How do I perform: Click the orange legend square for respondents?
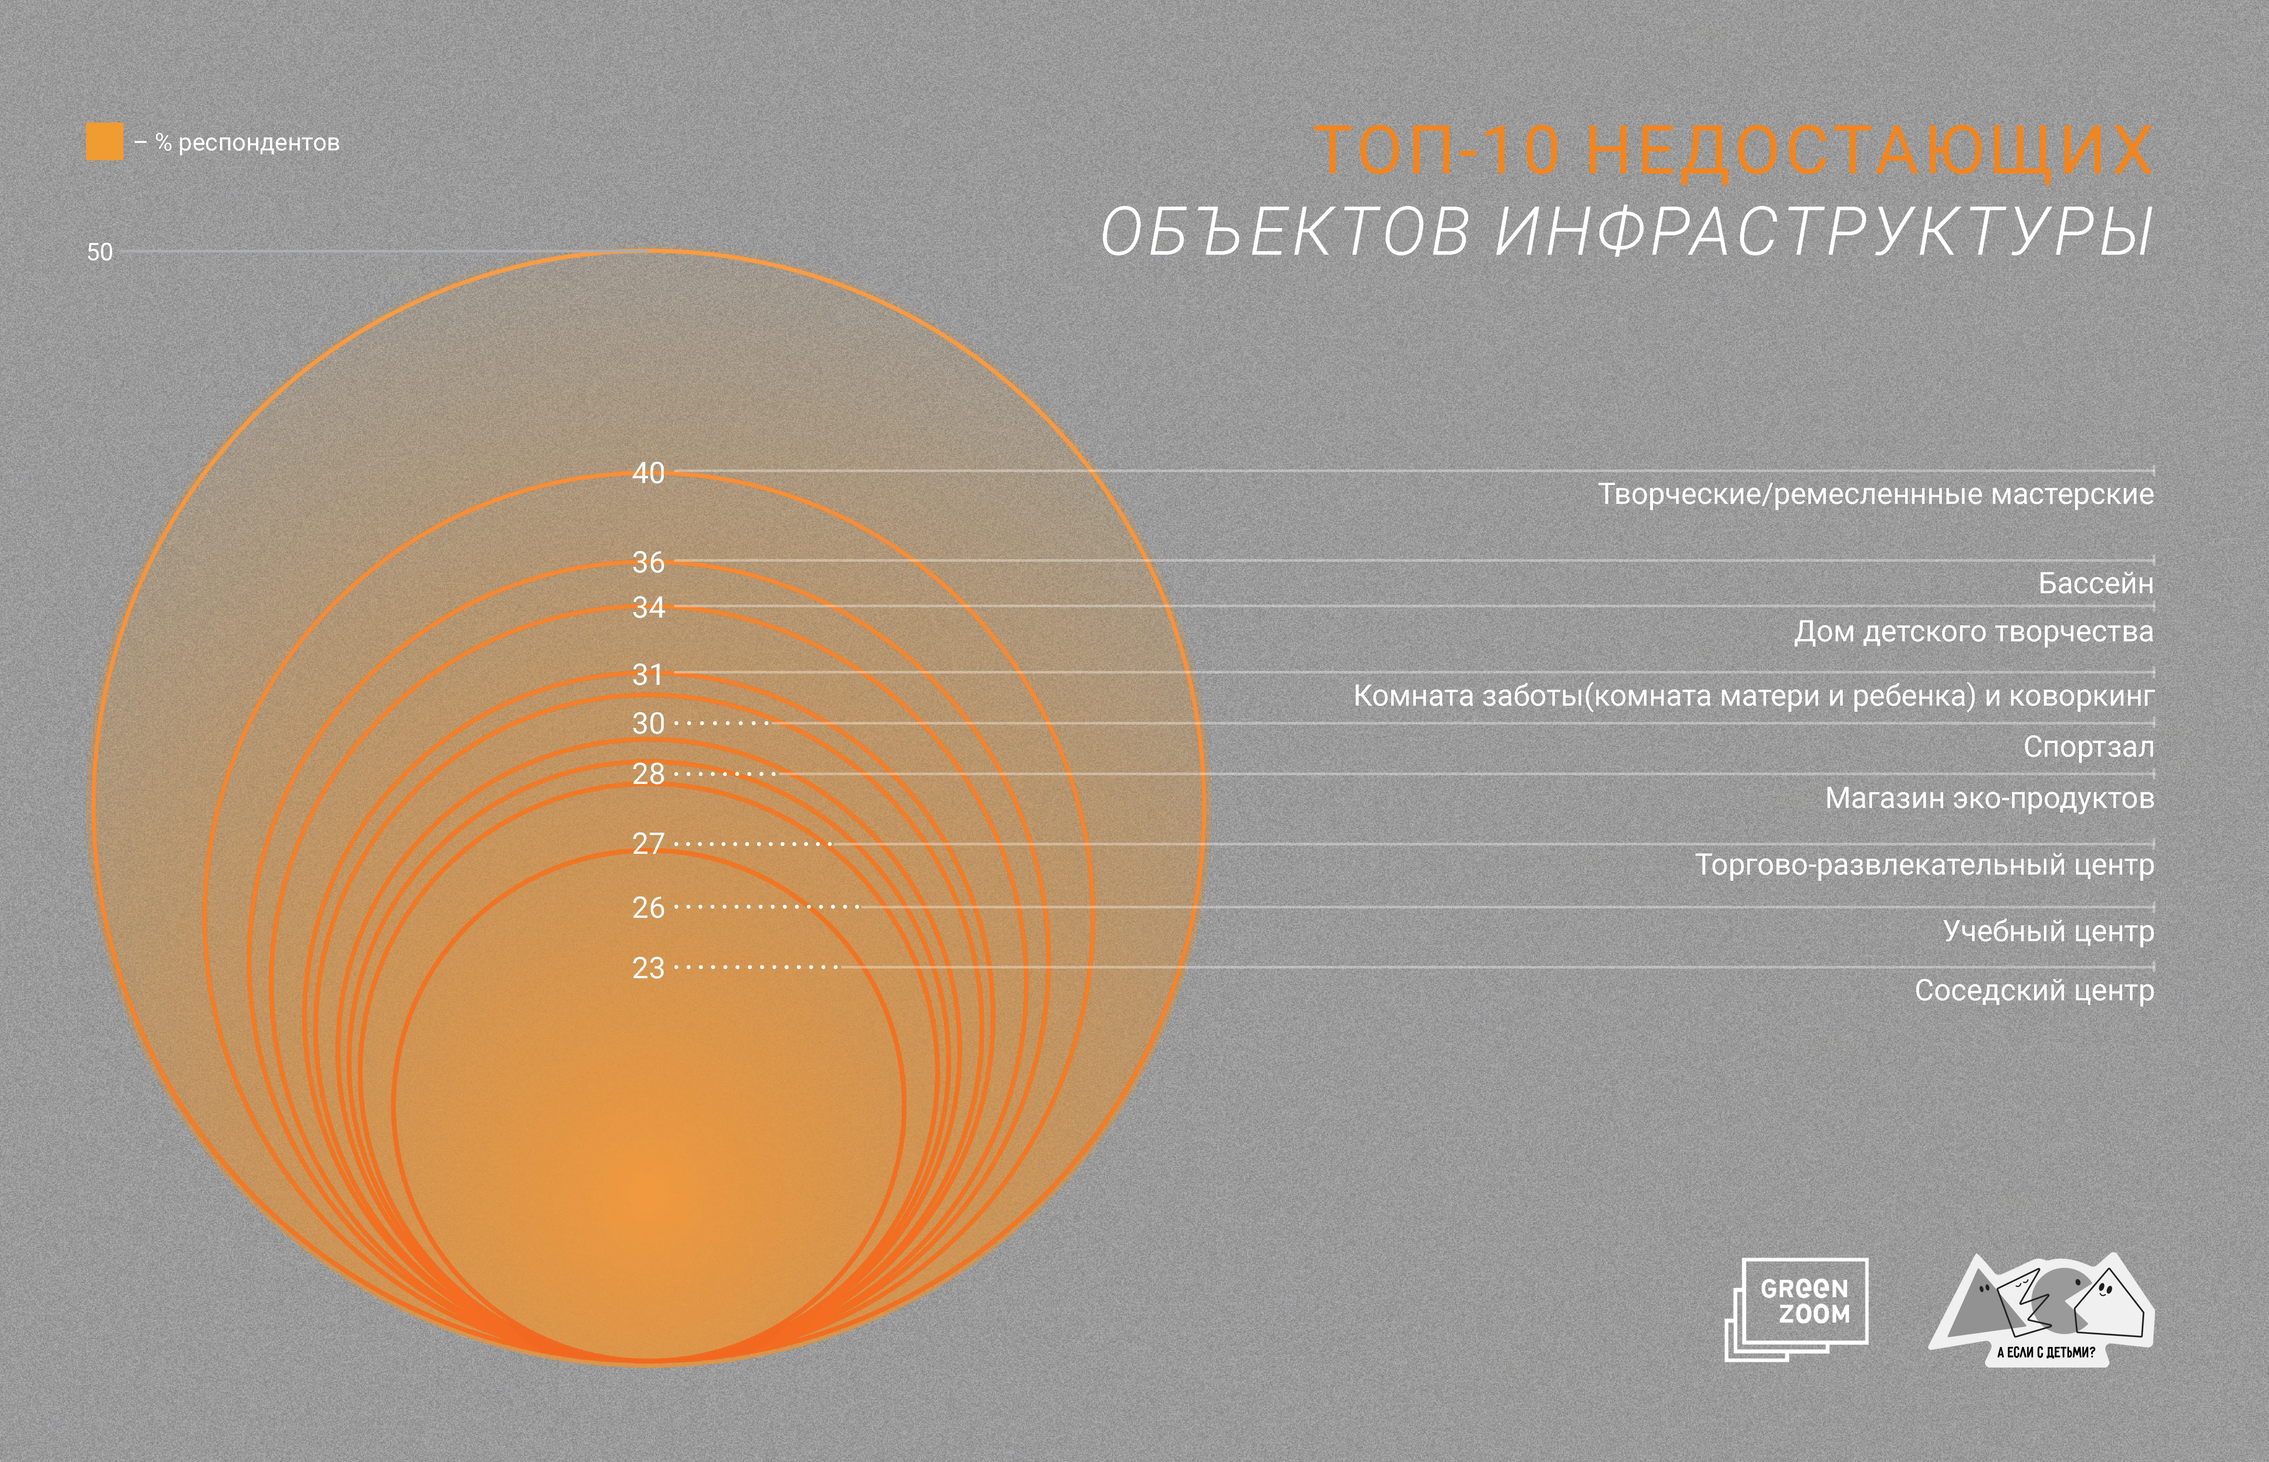(104, 141)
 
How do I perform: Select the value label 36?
(648, 562)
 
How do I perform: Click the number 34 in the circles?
(648, 608)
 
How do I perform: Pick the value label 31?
(648, 675)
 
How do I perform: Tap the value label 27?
(648, 843)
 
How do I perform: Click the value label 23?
(648, 968)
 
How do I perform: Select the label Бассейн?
(2095, 583)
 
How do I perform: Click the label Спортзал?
(2088, 747)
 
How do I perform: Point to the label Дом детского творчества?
(1973, 631)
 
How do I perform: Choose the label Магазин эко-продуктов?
(1989, 798)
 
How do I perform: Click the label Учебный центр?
(2048, 931)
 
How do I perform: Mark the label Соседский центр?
(2033, 990)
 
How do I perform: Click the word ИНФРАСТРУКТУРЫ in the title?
(1823, 232)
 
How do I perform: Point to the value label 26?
(648, 908)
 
